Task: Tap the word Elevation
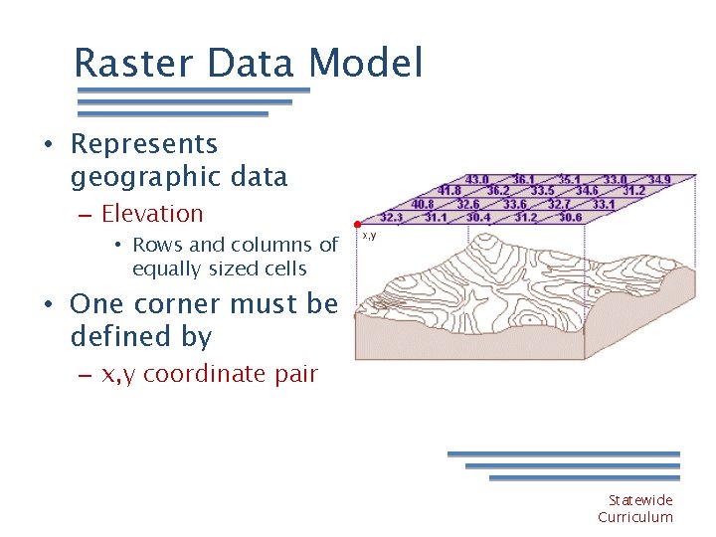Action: click(x=152, y=214)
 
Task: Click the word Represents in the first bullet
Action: click(x=144, y=144)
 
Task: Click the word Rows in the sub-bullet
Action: click(x=153, y=245)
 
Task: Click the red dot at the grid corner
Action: click(x=356, y=224)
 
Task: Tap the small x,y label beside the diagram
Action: click(x=369, y=236)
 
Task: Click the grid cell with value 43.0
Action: click(x=477, y=180)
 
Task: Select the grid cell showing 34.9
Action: click(x=659, y=180)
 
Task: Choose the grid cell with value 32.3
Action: click(x=392, y=217)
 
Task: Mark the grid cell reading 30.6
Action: click(x=570, y=217)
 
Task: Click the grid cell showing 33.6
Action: click(x=515, y=204)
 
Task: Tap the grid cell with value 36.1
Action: click(x=524, y=180)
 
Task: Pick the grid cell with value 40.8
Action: click(x=423, y=204)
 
